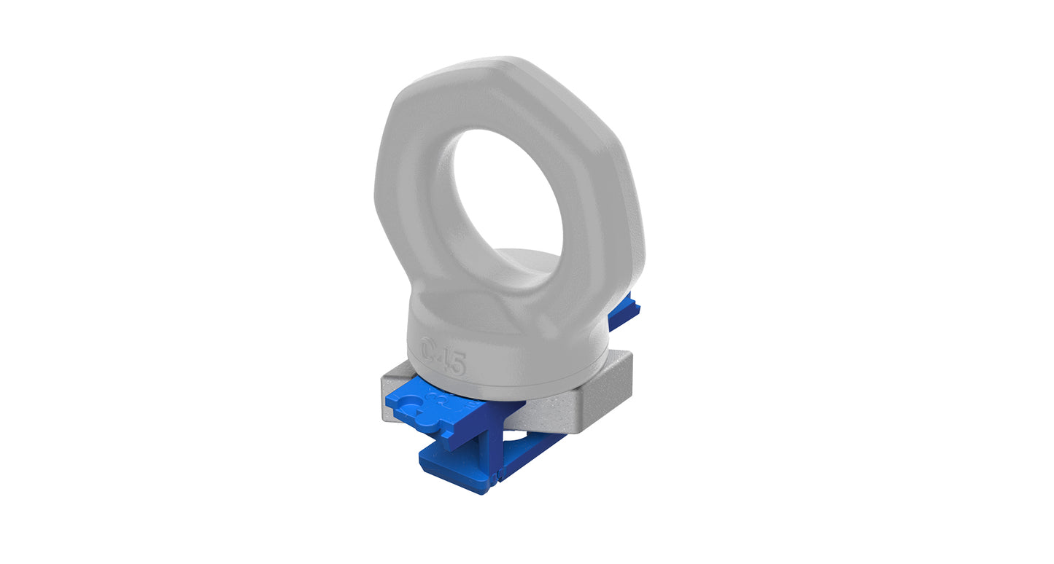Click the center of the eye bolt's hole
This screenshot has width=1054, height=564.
pyautogui.click(x=508, y=197)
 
